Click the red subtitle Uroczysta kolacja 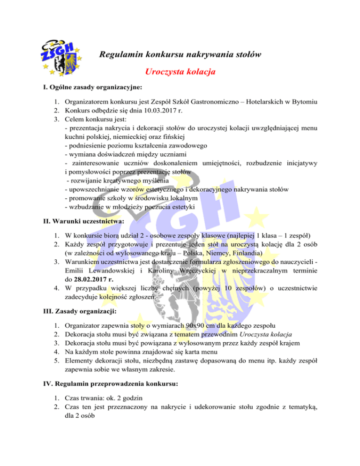pyautogui.click(x=180, y=73)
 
